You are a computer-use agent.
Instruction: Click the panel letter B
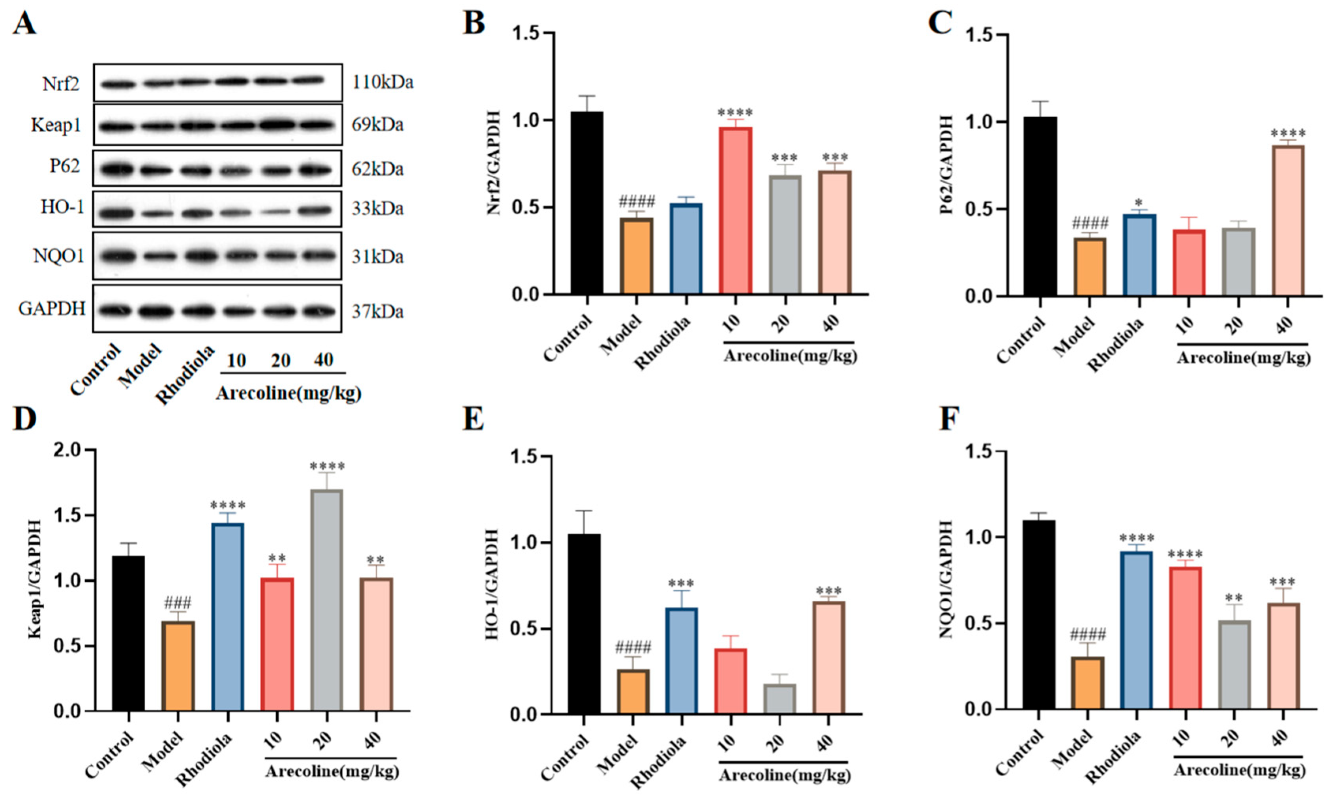(474, 24)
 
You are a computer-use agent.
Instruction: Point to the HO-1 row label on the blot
(63, 207)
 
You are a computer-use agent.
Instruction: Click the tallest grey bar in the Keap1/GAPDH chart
(326, 599)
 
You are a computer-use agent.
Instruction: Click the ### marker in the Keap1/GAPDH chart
(178, 603)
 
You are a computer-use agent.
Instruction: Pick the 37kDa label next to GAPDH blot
(377, 311)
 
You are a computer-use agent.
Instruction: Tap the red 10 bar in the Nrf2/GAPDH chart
(735, 210)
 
